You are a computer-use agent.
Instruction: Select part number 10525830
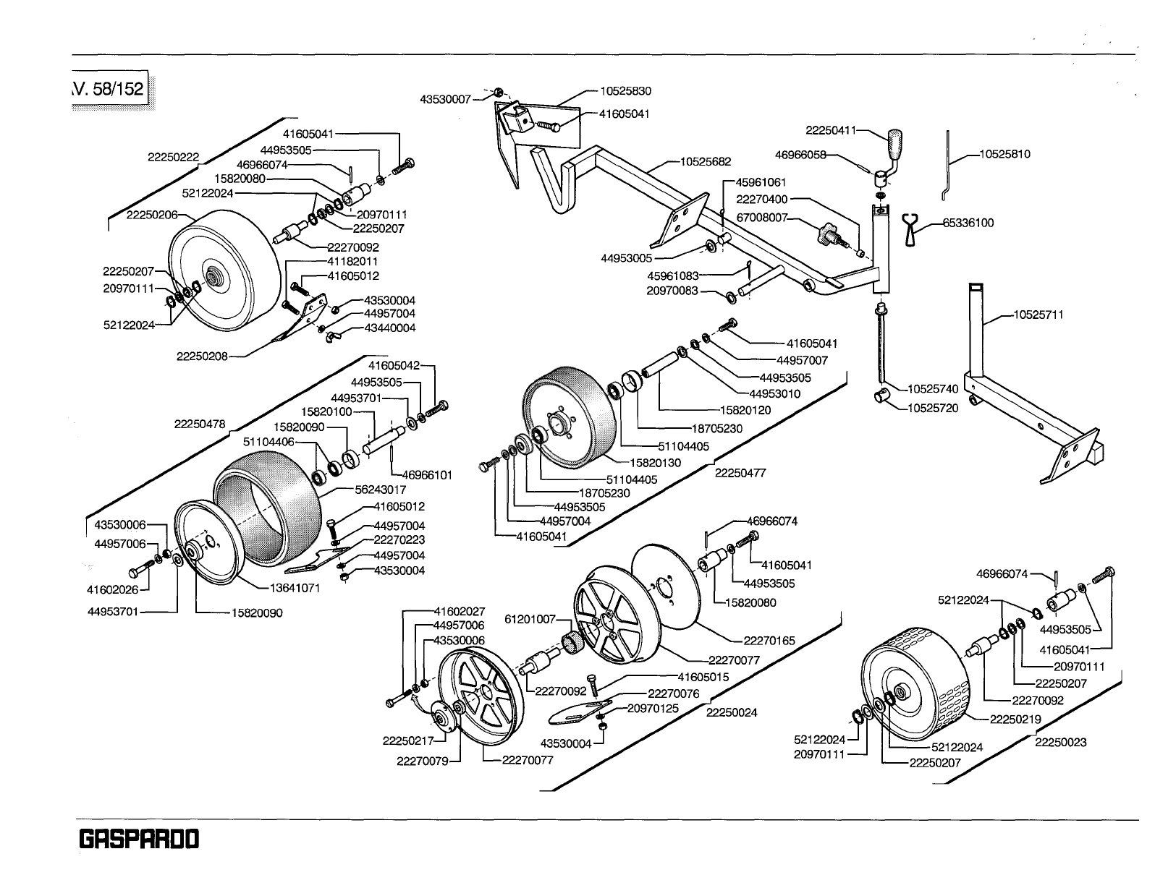coord(625,91)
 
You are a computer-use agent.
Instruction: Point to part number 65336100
coord(968,223)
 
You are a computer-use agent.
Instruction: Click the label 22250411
coord(830,130)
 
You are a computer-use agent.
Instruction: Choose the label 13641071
coord(295,588)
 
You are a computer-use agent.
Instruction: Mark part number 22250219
coord(1015,719)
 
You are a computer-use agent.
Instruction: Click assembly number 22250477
coord(740,473)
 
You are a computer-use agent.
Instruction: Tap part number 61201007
coord(530,619)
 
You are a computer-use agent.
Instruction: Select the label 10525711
coord(1038,315)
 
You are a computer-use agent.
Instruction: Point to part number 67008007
coord(761,218)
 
